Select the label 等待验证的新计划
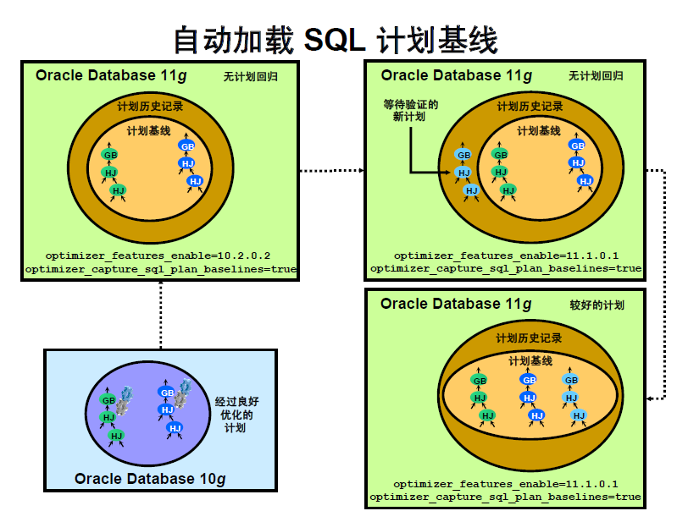click(410, 111)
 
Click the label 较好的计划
click(597, 305)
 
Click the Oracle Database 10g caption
click(150, 479)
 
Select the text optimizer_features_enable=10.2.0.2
click(159, 255)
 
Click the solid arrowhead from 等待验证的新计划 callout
click(449, 172)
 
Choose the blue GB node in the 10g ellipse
click(166, 393)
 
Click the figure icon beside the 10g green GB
click(126, 398)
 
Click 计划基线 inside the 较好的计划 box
click(530, 361)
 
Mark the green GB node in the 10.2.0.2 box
click(110, 155)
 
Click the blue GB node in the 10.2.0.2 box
click(186, 146)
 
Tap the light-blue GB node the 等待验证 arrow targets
click(463, 155)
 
